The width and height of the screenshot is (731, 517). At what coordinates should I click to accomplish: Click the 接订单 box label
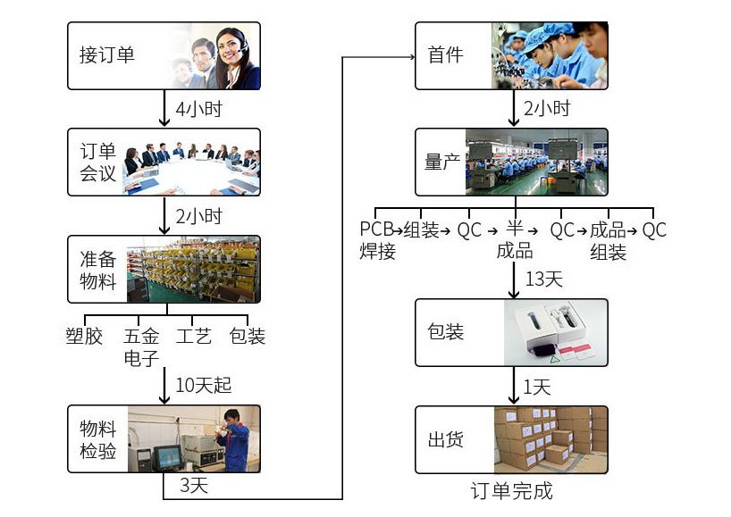point(107,55)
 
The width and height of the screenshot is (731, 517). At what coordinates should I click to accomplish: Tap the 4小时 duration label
point(197,110)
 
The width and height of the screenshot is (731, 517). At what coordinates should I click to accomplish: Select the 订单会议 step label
point(98,162)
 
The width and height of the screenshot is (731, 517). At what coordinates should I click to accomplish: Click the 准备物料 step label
point(98,269)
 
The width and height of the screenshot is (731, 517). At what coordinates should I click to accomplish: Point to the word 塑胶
point(84,337)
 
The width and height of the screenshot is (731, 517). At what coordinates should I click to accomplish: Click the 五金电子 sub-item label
point(141,347)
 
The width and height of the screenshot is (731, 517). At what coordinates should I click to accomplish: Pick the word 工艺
point(194,337)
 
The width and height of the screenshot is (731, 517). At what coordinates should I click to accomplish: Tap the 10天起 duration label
point(203,386)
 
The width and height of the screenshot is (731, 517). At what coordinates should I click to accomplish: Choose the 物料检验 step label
point(98,439)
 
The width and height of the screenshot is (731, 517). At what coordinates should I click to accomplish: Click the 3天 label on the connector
point(194,486)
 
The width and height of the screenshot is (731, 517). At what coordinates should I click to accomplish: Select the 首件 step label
point(446,55)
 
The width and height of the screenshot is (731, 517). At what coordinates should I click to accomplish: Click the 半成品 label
point(514,240)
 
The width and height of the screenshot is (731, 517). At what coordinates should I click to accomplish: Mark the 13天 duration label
point(544,279)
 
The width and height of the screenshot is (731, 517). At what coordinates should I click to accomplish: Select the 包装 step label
point(446,332)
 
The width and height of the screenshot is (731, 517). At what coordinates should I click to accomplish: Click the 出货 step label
point(446,439)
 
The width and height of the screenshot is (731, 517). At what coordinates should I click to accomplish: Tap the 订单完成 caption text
point(511,490)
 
